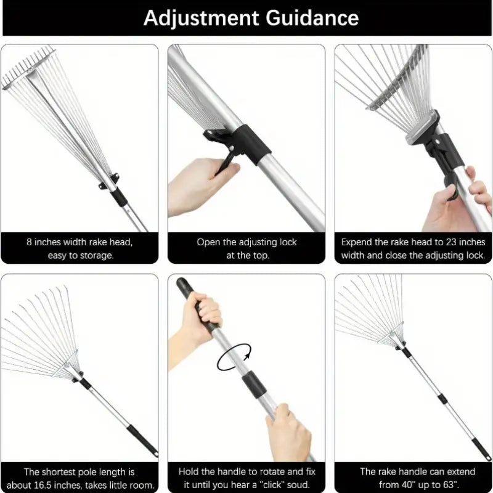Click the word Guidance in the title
[312, 18]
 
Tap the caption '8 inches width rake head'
[79, 242]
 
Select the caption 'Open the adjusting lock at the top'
[246, 248]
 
